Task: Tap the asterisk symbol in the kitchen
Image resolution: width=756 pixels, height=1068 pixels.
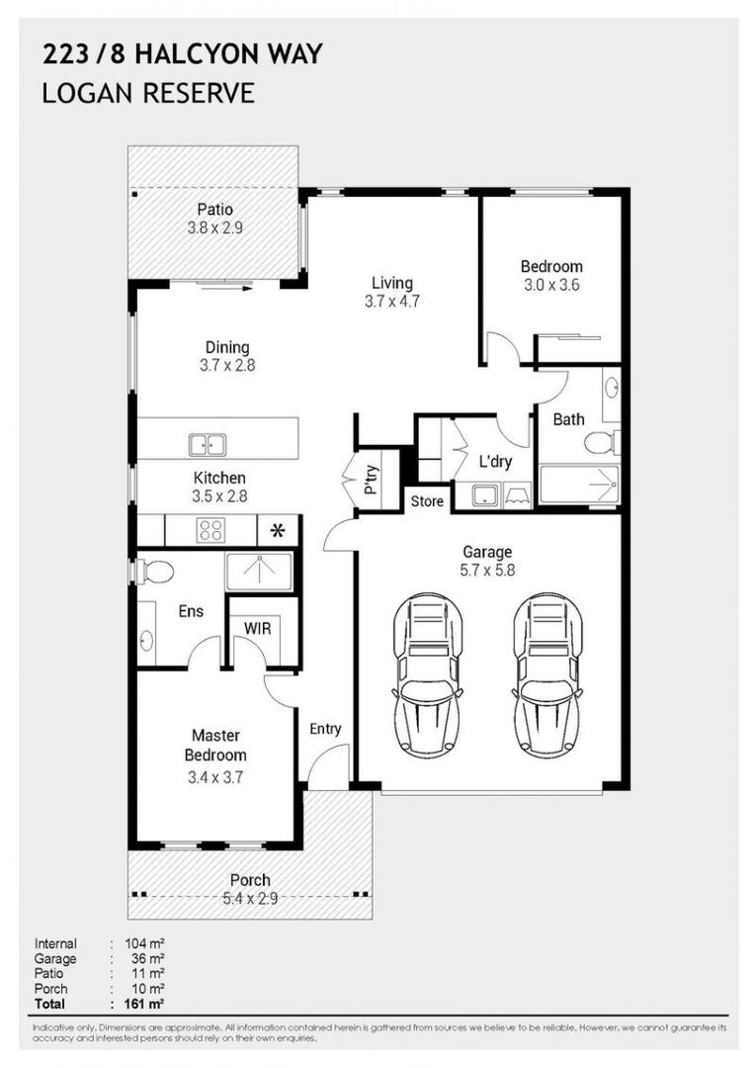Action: (278, 531)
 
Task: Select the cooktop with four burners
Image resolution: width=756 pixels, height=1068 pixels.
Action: (210, 531)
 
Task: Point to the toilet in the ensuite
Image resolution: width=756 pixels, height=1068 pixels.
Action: (154, 570)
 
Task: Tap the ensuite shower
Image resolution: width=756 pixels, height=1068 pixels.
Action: (258, 572)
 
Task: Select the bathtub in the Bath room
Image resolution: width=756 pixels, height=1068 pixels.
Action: (579, 486)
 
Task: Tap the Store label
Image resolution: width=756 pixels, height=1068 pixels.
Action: (427, 501)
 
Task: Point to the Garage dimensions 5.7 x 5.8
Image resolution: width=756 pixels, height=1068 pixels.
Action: (487, 571)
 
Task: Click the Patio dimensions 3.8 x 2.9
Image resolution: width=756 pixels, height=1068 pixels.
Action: (215, 227)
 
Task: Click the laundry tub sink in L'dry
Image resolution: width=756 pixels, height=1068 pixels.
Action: (484, 493)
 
